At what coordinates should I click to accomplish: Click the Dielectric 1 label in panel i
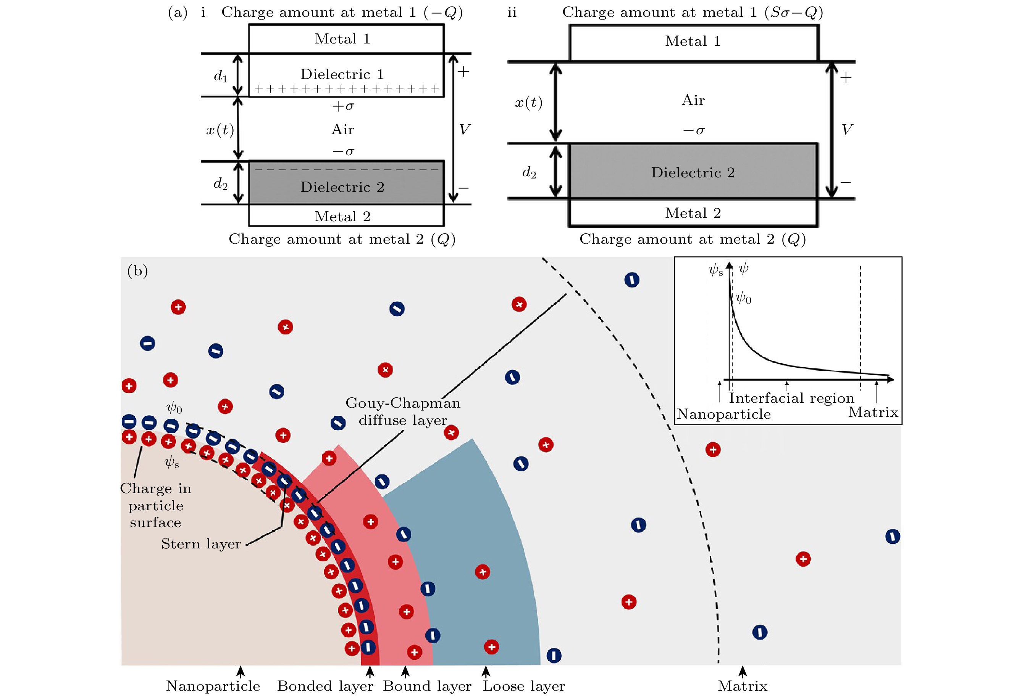(342, 74)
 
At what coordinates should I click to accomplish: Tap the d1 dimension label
(221, 76)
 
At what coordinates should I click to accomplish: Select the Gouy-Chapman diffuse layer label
(403, 411)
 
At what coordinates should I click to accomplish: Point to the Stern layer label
(201, 544)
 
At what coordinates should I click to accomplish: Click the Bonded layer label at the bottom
(325, 686)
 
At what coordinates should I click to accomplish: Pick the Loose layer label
(524, 686)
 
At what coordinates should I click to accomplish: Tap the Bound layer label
(427, 686)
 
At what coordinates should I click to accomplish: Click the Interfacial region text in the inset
(791, 398)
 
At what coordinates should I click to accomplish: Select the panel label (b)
(137, 271)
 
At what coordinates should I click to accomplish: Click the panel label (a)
(178, 12)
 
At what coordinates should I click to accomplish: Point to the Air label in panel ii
(693, 100)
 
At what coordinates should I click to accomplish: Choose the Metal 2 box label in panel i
(342, 216)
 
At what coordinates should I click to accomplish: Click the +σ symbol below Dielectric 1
(343, 106)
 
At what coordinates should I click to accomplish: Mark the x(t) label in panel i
(220, 130)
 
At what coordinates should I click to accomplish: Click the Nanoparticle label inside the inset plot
(724, 414)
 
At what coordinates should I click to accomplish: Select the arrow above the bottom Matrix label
(742, 672)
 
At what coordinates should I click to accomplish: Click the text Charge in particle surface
(156, 505)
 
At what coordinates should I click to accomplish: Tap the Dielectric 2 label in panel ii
(693, 173)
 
